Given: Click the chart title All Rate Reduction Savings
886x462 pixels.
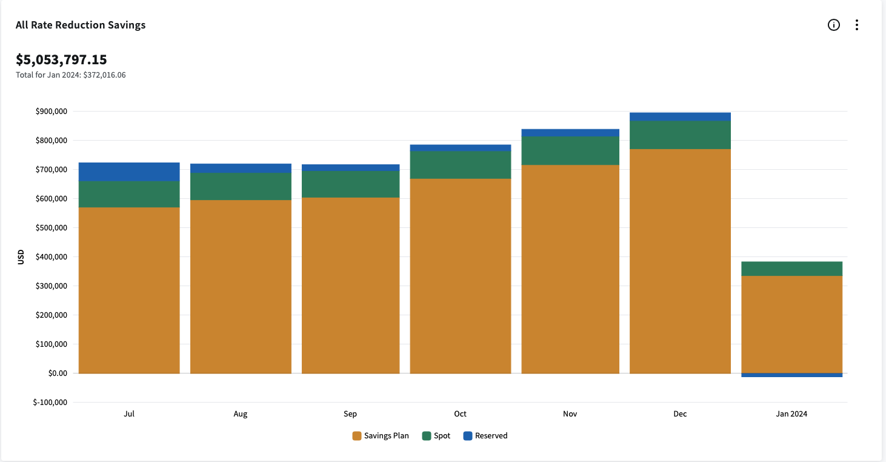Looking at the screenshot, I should pos(81,25).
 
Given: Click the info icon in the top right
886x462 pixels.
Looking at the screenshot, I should pos(834,25).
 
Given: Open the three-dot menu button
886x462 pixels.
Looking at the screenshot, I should pos(856,25).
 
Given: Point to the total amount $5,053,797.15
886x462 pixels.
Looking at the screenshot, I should pos(61,59).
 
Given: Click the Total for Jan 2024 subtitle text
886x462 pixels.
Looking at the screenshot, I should pos(71,75).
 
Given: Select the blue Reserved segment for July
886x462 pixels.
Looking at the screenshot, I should pos(129,172).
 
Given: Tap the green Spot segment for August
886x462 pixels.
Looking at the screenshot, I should pos(241,187).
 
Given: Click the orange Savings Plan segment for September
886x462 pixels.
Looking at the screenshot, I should pos(350,285).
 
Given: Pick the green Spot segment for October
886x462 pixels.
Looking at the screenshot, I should pos(461,165).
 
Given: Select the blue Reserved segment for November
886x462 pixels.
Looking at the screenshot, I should pos(570,133).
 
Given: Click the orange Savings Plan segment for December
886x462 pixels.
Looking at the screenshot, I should pos(680,261).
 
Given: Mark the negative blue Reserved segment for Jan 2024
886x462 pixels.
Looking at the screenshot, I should pos(791,375).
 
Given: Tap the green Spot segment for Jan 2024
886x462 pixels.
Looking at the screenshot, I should pos(791,269).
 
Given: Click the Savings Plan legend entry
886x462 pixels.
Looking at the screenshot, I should pos(381,436).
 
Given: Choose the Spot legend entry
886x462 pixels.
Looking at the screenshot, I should pos(436,436).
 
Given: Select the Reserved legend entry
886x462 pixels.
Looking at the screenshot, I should pos(485,436).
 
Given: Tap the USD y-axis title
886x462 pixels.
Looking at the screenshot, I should pos(21,257).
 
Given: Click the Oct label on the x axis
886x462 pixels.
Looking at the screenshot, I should pos(461,414).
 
